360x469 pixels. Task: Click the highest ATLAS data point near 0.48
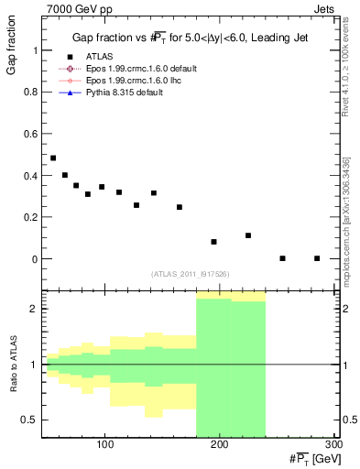53,158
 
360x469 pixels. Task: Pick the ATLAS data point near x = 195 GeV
213,242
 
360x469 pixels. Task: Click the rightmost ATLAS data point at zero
317,258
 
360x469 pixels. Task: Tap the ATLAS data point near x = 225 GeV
248,235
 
